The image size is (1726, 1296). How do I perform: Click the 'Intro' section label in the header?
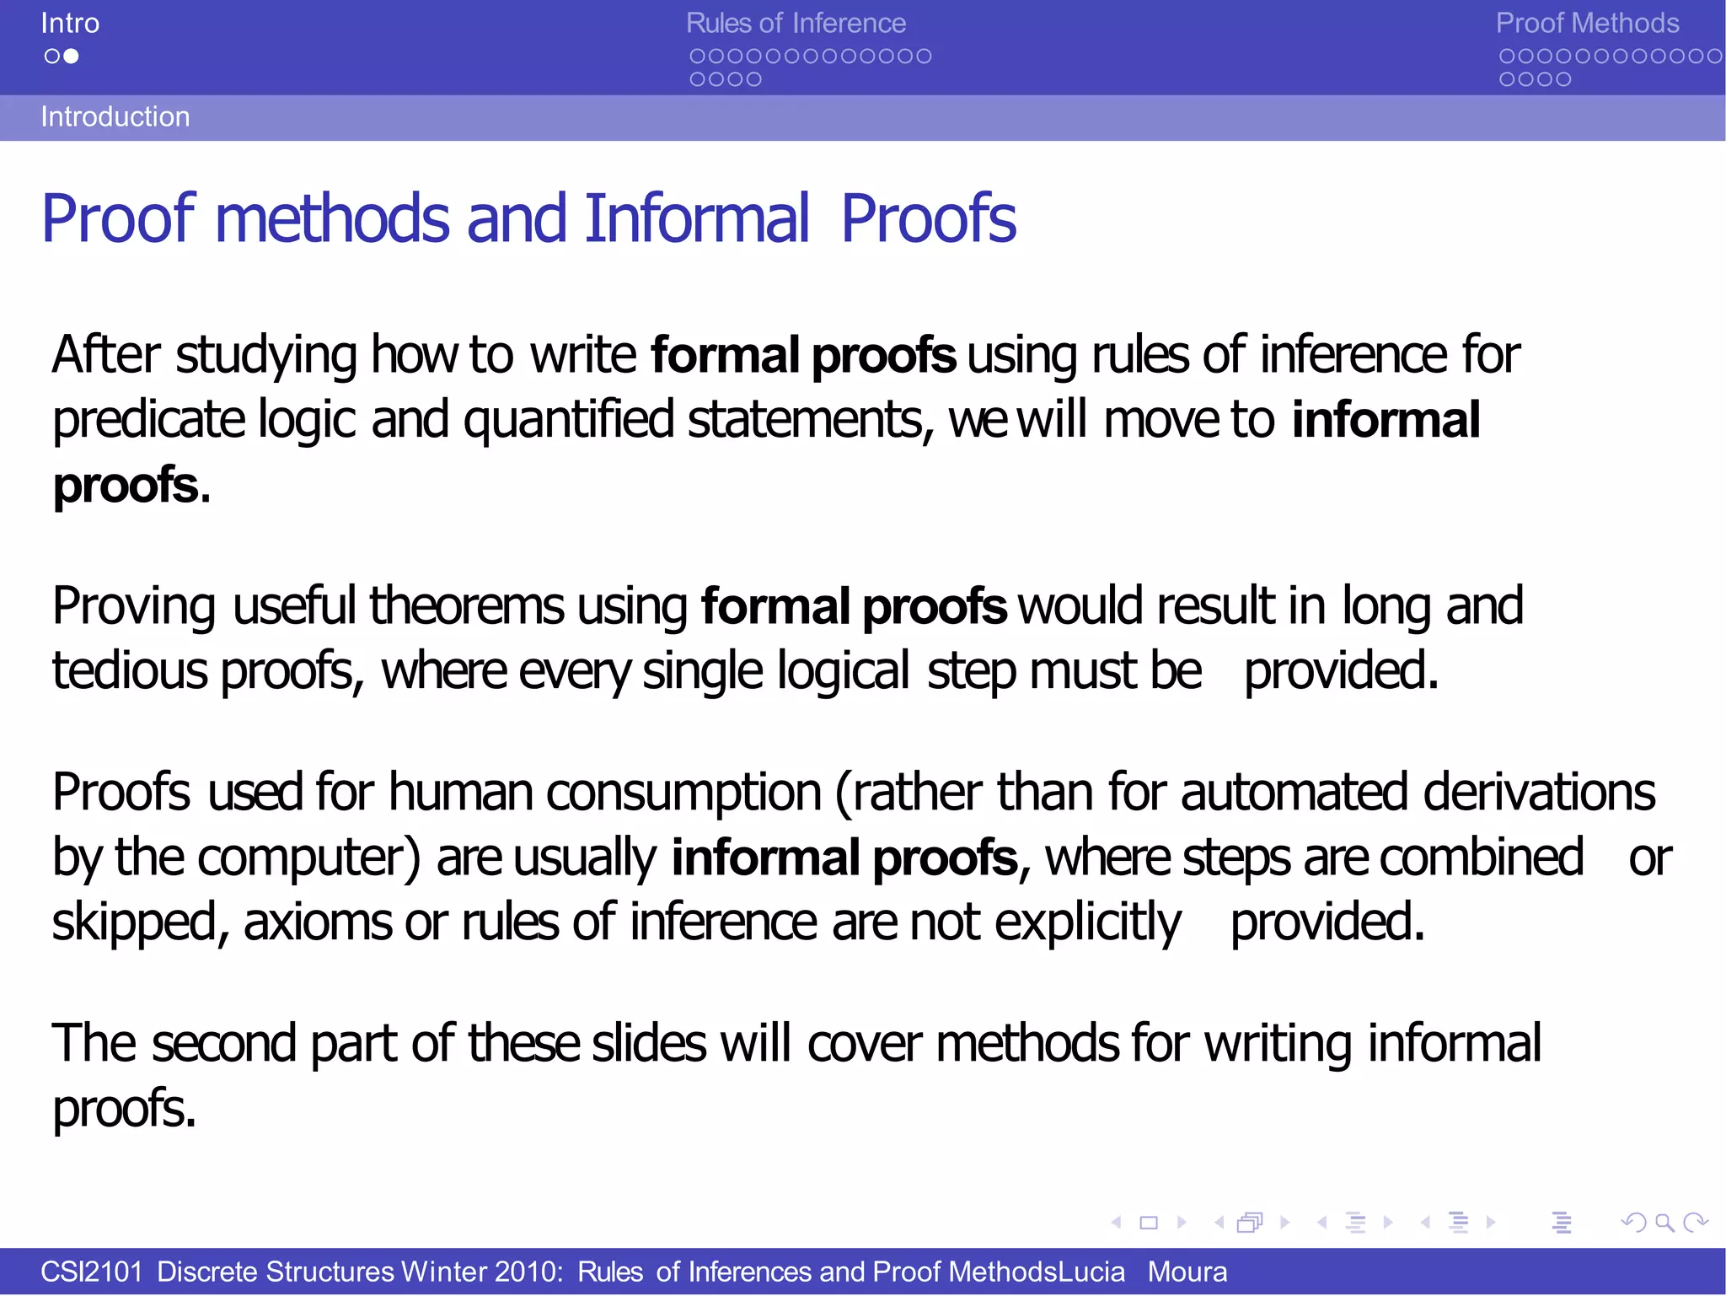[70, 23]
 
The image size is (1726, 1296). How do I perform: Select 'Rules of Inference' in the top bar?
[796, 23]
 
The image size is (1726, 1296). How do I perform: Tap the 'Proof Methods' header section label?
[1587, 23]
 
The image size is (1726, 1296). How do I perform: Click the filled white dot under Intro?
[72, 56]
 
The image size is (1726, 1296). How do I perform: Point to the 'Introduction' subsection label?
[115, 116]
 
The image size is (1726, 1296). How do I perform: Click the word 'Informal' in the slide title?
[697, 218]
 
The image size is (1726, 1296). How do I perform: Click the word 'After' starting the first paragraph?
[105, 354]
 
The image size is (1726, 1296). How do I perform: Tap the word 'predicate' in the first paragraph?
[148, 420]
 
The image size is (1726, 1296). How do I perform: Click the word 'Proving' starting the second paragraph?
[134, 605]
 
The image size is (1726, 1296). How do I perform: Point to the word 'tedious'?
[130, 671]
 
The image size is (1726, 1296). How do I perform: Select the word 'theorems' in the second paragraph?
[467, 605]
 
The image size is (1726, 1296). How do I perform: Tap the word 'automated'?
[1294, 793]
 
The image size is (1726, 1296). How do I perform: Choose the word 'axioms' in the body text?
[318, 922]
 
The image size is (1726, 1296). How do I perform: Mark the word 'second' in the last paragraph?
[224, 1043]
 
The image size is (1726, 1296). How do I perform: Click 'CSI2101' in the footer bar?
[92, 1272]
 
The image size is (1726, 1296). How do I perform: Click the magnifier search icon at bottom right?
[1664, 1222]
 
